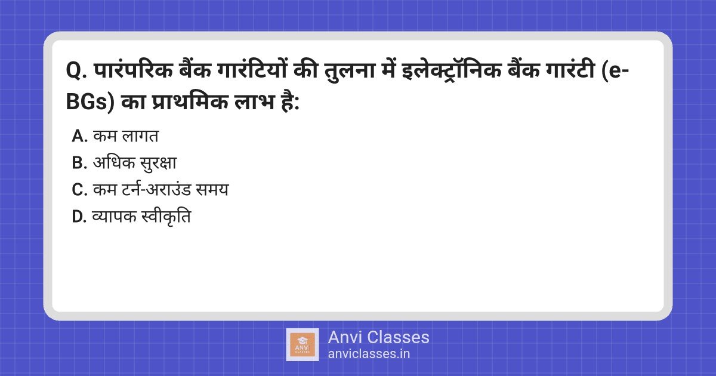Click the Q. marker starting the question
coord(76,70)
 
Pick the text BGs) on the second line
coord(90,102)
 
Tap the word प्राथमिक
coord(190,101)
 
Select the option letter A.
coord(79,136)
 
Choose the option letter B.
coord(79,163)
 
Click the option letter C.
coord(79,190)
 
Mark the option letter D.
coord(79,217)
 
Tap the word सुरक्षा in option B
coord(158,163)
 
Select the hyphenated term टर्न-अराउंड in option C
coord(156,189)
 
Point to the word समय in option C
coord(212,190)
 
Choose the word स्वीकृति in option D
coord(166,216)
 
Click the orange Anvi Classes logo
coord(303,345)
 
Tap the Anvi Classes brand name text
coord(378,337)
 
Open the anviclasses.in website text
coord(369,354)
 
